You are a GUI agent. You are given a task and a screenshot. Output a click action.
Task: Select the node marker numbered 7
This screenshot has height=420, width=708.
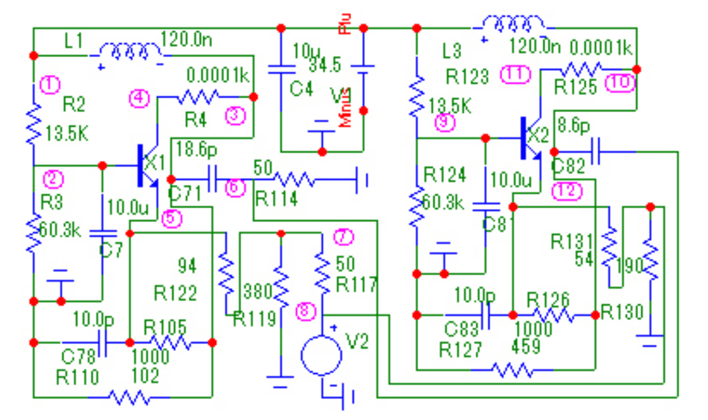tap(344, 237)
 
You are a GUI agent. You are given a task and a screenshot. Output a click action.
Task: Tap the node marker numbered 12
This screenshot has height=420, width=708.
tap(566, 190)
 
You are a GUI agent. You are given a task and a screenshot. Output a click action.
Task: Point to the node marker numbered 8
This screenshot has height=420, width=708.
tap(306, 312)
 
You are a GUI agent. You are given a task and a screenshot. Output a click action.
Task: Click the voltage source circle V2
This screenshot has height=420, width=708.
tap(322, 356)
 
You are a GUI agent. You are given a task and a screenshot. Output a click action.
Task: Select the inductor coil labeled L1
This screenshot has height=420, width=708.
tap(130, 51)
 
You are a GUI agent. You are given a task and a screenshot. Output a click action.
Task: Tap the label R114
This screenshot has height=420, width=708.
tap(276, 199)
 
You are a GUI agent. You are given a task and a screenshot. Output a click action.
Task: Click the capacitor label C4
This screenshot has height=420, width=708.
tap(302, 89)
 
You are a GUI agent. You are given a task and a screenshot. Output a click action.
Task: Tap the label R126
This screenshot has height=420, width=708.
tap(547, 299)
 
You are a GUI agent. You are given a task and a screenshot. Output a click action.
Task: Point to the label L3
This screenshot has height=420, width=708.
tap(452, 53)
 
